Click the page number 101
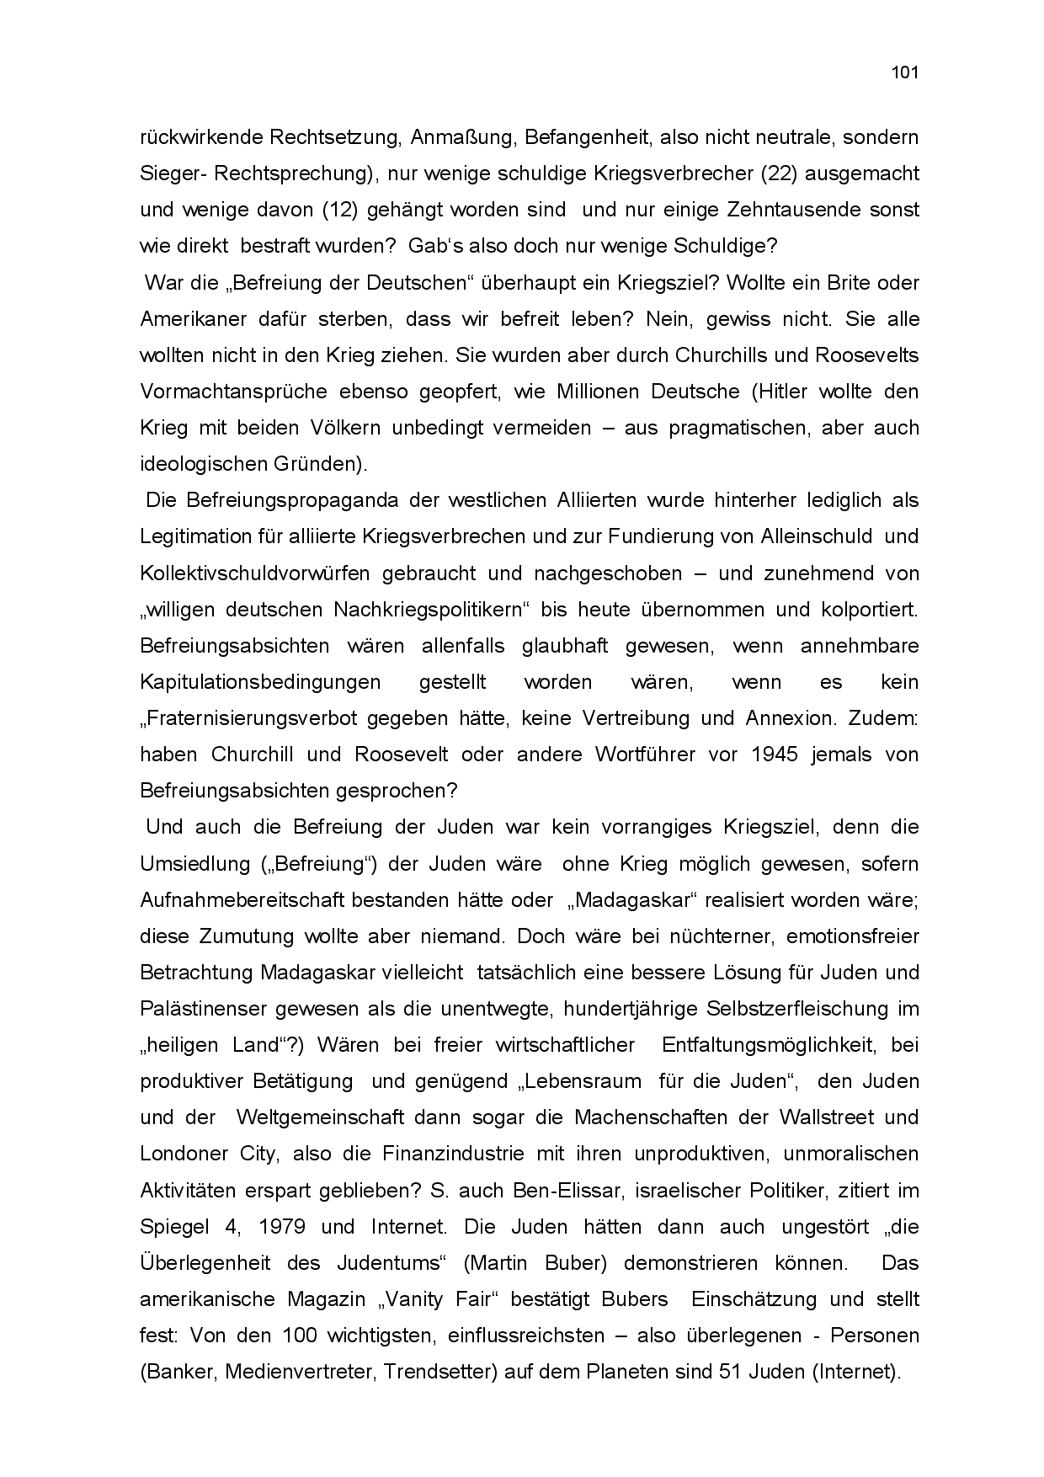(x=904, y=72)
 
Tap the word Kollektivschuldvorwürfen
(x=254, y=573)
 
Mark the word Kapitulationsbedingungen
(x=260, y=682)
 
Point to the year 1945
(x=775, y=754)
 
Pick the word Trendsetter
(x=439, y=1372)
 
